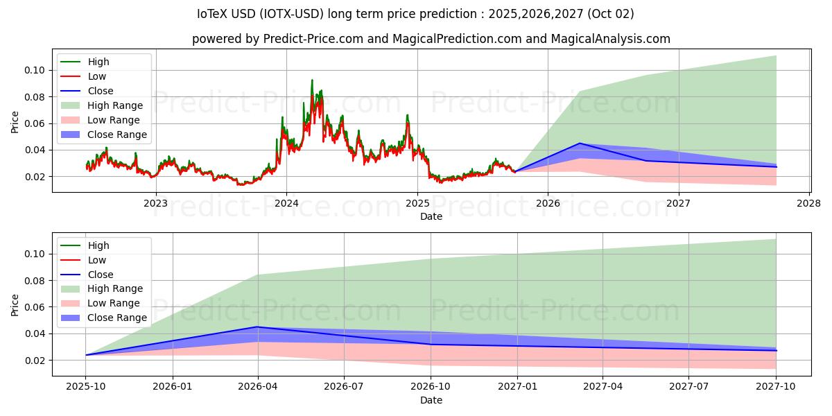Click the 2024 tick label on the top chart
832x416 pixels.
[286, 203]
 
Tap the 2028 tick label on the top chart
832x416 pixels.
[809, 203]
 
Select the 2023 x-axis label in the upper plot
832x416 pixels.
[155, 203]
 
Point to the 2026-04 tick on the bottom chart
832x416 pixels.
[258, 387]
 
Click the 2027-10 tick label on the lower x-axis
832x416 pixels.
[776, 387]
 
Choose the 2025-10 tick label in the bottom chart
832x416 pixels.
[86, 387]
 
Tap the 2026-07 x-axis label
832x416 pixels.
[345, 387]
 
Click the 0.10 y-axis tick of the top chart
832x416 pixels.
[36, 70]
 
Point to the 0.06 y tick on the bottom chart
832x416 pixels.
[36, 307]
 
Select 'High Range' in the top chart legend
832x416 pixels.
[115, 105]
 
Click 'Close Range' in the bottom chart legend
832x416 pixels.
[117, 318]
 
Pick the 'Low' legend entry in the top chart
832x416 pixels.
[97, 76]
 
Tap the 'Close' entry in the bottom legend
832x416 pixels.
[101, 275]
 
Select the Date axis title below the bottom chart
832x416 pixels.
[431, 400]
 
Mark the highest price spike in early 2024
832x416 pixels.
[312, 80]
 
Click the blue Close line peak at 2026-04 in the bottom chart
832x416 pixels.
[258, 327]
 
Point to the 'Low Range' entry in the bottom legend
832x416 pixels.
[114, 303]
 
